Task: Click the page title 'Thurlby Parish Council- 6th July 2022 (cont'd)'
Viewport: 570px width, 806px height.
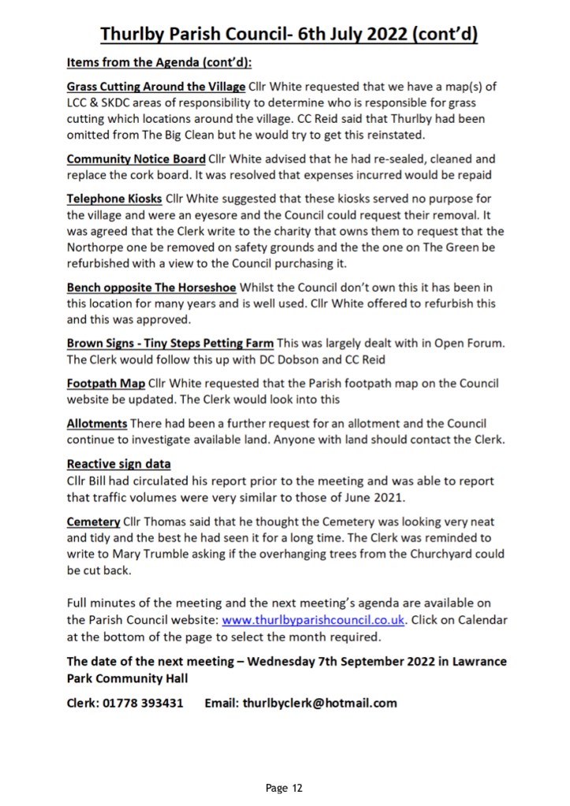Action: [289, 35]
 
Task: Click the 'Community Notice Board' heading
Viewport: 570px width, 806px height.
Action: [136, 159]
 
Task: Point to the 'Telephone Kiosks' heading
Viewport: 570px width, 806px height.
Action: [114, 199]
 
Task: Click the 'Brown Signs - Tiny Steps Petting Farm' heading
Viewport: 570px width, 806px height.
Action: [170, 344]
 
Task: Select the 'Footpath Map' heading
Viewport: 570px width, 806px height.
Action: [106, 384]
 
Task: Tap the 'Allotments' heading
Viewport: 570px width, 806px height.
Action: [97, 423]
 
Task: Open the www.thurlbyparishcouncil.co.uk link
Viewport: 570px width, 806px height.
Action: [315, 620]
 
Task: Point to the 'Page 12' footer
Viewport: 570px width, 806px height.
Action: [285, 788]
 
